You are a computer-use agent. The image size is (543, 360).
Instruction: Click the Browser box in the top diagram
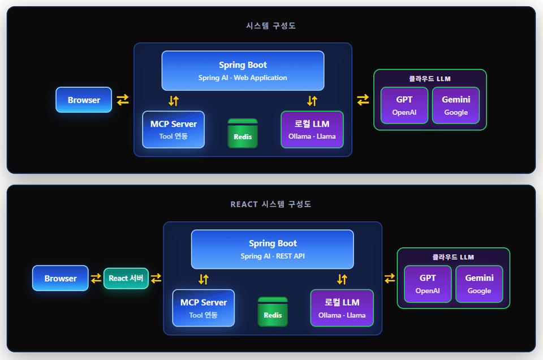pyautogui.click(x=84, y=100)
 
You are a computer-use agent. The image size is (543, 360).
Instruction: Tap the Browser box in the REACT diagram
pyautogui.click(x=61, y=278)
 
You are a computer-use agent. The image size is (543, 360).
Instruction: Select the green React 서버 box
pyautogui.click(x=126, y=278)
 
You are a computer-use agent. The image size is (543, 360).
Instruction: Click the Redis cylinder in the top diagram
pyautogui.click(x=243, y=134)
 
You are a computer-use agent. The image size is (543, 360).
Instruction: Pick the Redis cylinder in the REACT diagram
pyautogui.click(x=273, y=312)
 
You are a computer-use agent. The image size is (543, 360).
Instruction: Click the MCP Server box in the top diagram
pyautogui.click(x=174, y=130)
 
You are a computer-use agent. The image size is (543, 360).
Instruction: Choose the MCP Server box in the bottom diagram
pyautogui.click(x=204, y=308)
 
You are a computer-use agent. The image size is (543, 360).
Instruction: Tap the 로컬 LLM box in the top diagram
pyautogui.click(x=312, y=130)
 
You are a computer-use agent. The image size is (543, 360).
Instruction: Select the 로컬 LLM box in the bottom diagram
pyautogui.click(x=342, y=308)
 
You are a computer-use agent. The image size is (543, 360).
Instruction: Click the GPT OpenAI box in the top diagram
pyautogui.click(x=404, y=105)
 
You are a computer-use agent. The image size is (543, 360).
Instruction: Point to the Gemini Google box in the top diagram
pyautogui.click(x=456, y=105)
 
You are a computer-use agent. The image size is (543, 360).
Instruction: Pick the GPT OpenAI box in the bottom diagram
pyautogui.click(x=428, y=284)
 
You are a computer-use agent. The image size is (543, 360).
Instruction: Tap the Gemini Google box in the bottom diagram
pyautogui.click(x=479, y=284)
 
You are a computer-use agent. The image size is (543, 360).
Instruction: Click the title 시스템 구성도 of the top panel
pyautogui.click(x=271, y=25)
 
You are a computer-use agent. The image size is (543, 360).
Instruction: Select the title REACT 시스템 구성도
pyautogui.click(x=271, y=204)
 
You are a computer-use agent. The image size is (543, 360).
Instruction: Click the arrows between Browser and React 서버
pyautogui.click(x=96, y=278)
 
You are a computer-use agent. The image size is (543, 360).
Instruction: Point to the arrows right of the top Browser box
pyautogui.click(x=123, y=100)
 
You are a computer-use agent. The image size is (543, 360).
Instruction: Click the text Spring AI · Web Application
pyautogui.click(x=243, y=78)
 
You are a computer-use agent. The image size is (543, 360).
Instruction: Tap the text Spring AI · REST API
pyautogui.click(x=273, y=256)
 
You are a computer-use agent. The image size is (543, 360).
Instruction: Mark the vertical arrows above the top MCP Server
pyautogui.click(x=174, y=101)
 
